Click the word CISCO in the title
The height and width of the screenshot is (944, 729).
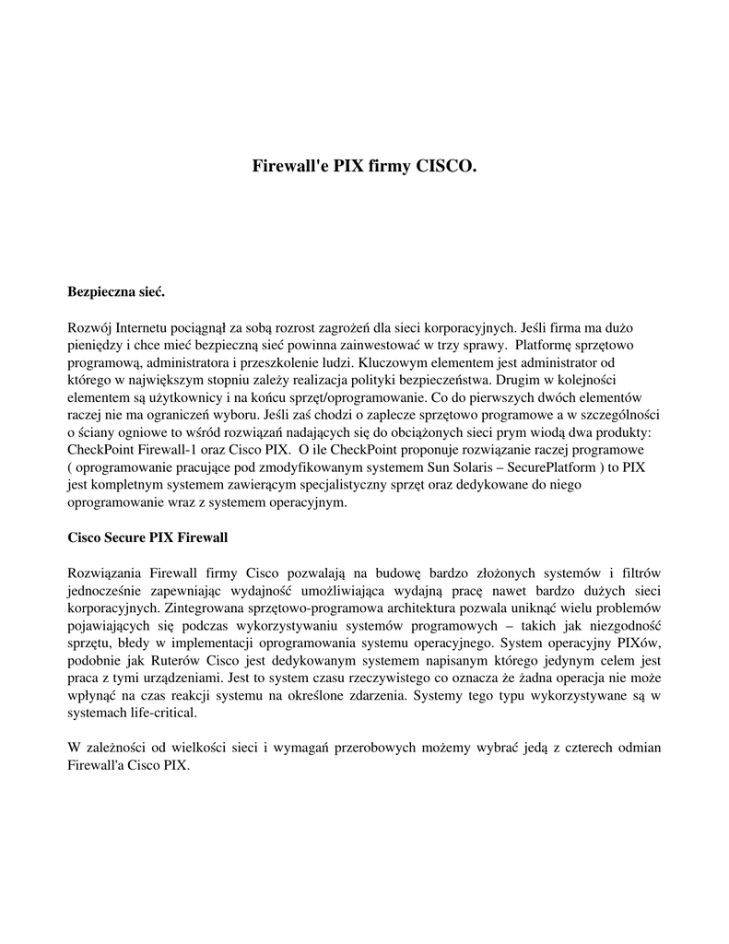pyautogui.click(x=445, y=167)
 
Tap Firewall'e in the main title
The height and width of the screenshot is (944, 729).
pyautogui.click(x=289, y=167)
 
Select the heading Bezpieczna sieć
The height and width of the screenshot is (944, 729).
pyautogui.click(x=116, y=292)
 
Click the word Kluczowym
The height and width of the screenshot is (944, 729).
pyautogui.click(x=392, y=362)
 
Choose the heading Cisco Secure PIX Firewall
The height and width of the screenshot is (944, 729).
pyautogui.click(x=147, y=537)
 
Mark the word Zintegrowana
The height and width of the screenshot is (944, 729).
pyautogui.click(x=192, y=608)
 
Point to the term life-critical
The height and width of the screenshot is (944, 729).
pyautogui.click(x=160, y=713)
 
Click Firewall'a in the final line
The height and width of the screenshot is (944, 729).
pyautogui.click(x=96, y=765)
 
